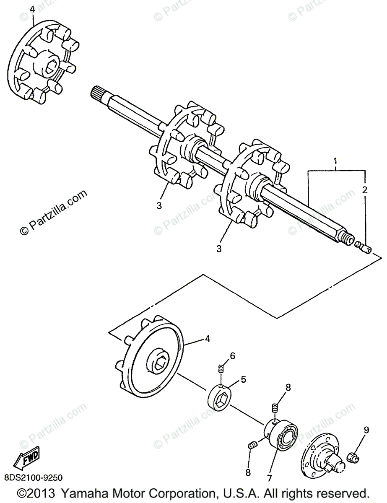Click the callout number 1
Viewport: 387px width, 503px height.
point(335,161)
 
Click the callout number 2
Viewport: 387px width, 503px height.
point(365,190)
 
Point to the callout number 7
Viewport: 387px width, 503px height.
point(269,477)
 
